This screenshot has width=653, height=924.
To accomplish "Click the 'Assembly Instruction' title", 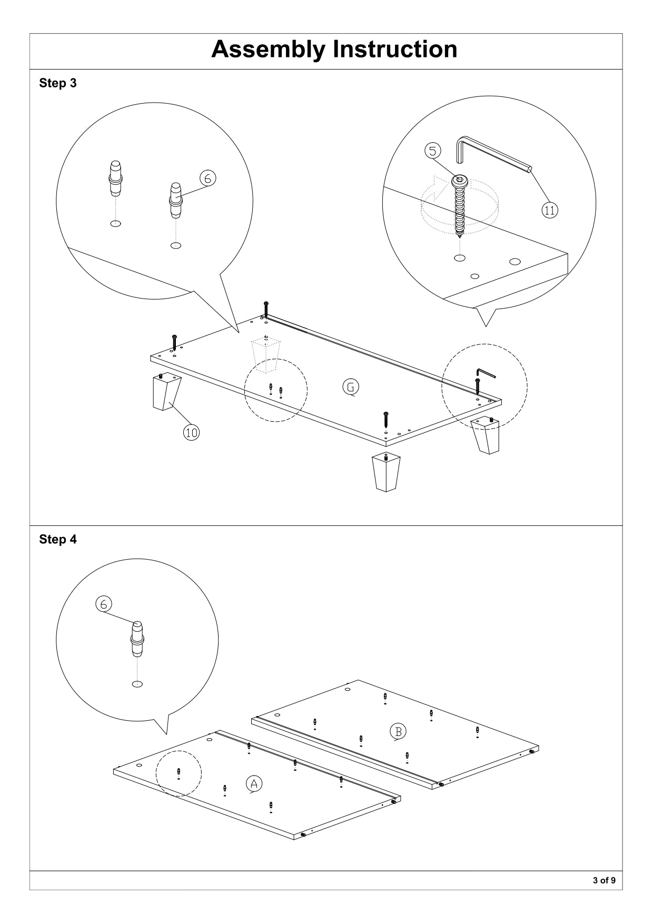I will click(x=334, y=49).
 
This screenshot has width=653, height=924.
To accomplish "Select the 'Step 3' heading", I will click(x=58, y=83).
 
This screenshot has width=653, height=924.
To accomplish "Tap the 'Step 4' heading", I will click(x=58, y=540).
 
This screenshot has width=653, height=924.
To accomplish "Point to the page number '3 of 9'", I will click(x=604, y=880).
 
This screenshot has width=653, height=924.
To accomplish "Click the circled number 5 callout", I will click(x=432, y=151).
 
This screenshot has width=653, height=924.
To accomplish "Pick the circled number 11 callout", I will click(x=549, y=210).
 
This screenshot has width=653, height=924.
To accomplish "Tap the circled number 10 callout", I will click(x=191, y=432).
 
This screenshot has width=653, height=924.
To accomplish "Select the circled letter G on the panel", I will click(x=351, y=387).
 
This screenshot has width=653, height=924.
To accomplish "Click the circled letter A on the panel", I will click(x=254, y=783).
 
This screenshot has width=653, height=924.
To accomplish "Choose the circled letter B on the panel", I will click(x=398, y=731).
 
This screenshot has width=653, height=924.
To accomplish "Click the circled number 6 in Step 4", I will click(x=103, y=604).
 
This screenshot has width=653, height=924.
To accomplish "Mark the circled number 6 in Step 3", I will click(x=207, y=178).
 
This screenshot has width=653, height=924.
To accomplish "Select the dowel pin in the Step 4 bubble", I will click(x=137, y=639).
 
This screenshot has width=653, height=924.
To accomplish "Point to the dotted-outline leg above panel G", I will click(x=266, y=355).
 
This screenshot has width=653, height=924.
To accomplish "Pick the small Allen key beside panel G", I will click(x=486, y=373).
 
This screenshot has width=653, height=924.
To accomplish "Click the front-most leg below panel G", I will click(x=386, y=472).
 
